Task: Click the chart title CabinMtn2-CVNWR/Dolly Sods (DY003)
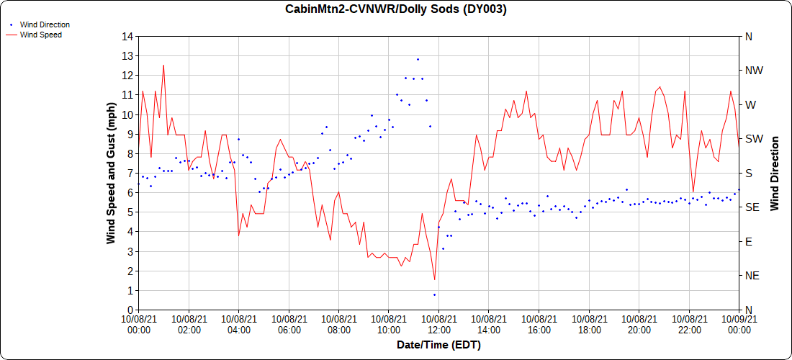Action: coord(396,9)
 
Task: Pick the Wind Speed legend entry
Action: coord(40,34)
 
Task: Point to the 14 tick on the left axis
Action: coord(128,36)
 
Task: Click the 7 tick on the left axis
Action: coord(130,173)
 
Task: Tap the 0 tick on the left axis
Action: coord(130,310)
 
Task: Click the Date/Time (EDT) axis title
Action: coord(438,345)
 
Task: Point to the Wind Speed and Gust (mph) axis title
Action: coord(111,173)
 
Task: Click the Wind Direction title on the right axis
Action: coord(775,173)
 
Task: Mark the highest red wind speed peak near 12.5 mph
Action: coord(163,66)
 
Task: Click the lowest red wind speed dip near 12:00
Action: coord(434,279)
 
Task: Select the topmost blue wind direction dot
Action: coord(418,59)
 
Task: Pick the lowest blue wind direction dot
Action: coord(434,294)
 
